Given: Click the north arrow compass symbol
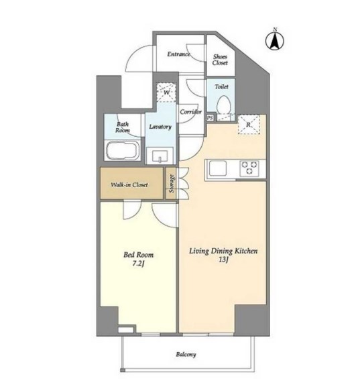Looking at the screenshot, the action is click(275, 40).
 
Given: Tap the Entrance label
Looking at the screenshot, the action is click(178, 54).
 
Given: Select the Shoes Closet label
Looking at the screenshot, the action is click(220, 60).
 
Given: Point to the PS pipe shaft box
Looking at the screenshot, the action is click(210, 118).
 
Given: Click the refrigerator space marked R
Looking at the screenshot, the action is click(249, 125).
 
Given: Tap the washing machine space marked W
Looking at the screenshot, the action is click(166, 93).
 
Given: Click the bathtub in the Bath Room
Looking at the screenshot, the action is click(123, 150).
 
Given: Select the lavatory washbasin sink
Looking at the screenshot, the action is click(160, 156).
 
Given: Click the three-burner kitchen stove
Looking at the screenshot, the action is click(249, 168).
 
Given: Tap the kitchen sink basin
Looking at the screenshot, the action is click(218, 168).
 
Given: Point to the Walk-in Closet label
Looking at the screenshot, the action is click(129, 185).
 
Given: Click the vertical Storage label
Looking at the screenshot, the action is click(172, 184).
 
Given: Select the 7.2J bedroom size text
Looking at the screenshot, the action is click(139, 264).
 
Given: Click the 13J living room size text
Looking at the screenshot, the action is click(223, 260).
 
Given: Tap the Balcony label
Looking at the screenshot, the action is click(186, 355).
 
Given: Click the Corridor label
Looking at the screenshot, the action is click(190, 112).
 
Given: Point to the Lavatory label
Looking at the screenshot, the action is click(160, 127).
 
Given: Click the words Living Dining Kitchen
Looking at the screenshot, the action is click(223, 251).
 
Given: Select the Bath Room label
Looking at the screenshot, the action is click(123, 127).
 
